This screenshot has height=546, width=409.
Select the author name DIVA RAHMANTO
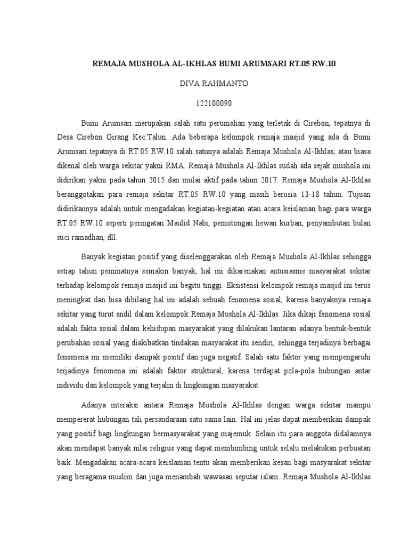tap(204, 84)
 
